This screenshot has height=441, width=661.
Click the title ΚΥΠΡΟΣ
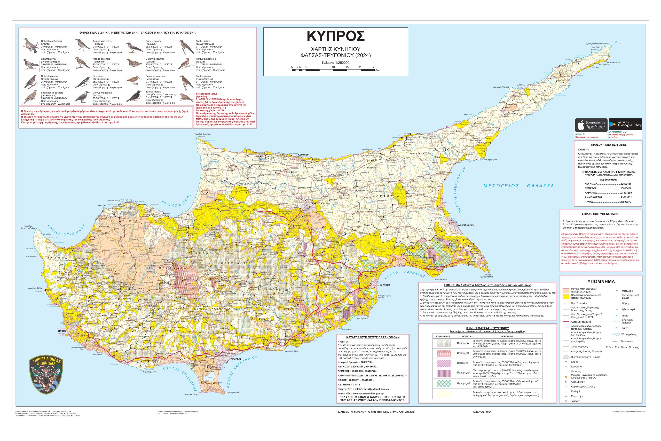point(336,36)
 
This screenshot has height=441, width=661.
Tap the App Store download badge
point(591,125)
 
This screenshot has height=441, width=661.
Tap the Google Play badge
point(625,124)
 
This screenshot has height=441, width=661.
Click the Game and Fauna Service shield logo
point(46,375)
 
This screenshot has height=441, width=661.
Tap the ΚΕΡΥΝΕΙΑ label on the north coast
point(304,155)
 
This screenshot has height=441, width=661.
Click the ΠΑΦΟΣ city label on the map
point(62,331)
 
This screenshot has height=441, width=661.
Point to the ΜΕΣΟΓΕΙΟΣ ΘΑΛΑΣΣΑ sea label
point(518,186)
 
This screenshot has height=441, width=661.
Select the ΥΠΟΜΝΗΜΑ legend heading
point(601,282)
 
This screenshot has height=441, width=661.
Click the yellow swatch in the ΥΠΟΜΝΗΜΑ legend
point(568,296)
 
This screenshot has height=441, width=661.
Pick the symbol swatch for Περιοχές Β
point(444,353)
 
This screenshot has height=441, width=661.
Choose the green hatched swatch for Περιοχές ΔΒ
point(444,383)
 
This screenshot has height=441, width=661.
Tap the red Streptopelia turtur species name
point(207,94)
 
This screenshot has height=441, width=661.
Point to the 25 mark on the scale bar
point(374,67)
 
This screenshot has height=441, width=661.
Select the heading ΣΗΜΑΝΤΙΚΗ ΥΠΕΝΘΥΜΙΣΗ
point(601,214)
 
